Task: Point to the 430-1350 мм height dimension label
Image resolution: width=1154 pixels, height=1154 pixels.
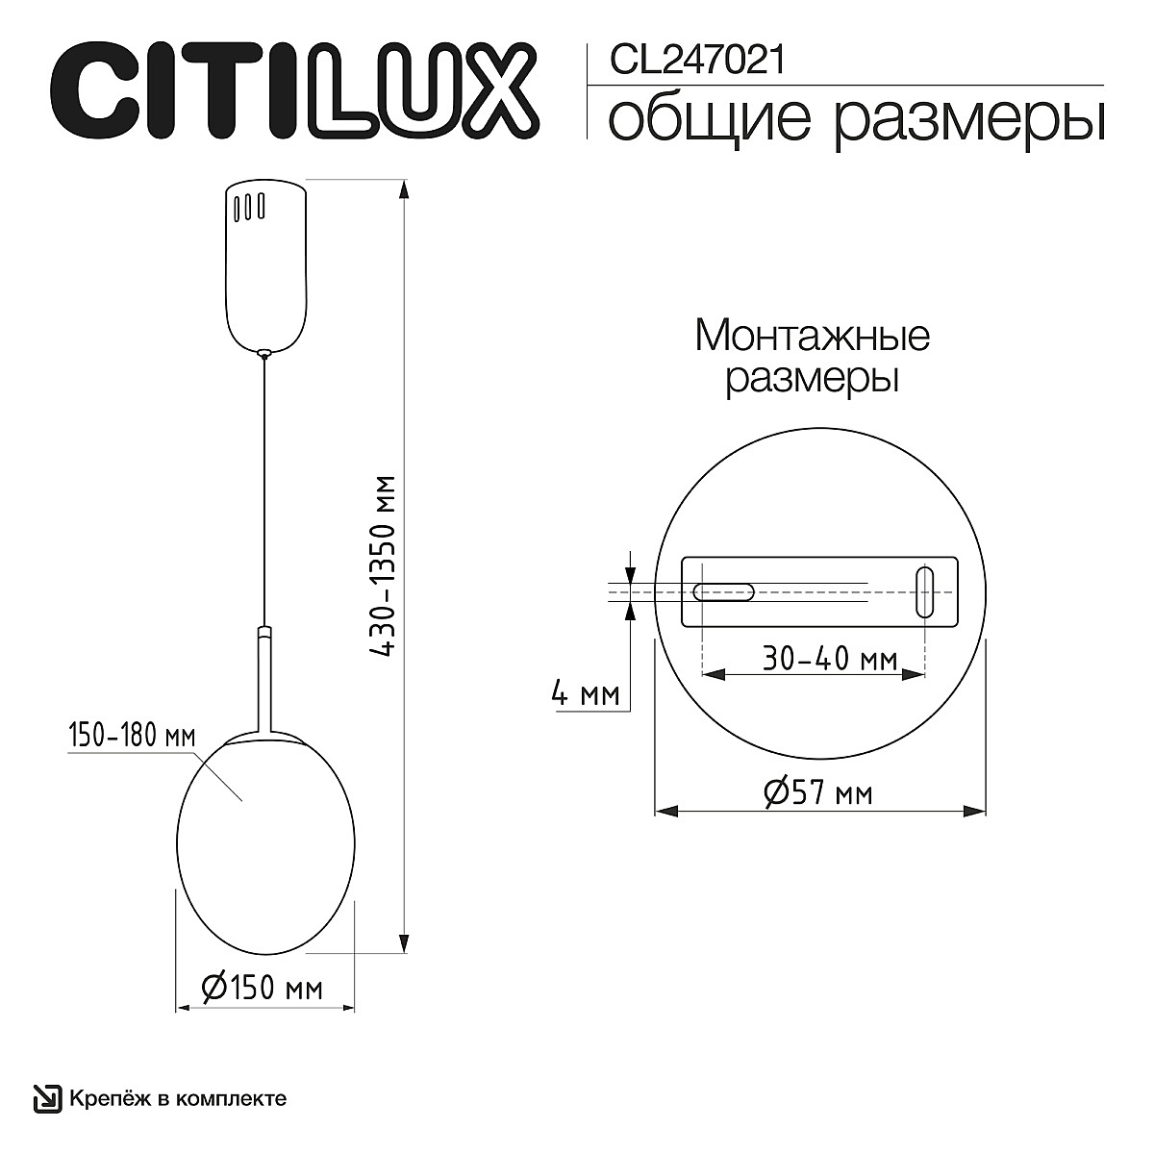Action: (386, 566)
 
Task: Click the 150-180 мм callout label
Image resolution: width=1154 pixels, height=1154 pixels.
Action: (131, 737)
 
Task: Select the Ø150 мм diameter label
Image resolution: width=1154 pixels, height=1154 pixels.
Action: (262, 988)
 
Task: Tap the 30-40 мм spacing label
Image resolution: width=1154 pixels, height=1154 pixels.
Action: (829, 660)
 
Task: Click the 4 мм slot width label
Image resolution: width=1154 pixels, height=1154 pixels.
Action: (585, 693)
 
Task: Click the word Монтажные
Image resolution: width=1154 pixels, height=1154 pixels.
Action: (812, 337)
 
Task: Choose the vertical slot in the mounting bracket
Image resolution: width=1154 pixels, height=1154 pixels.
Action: (924, 591)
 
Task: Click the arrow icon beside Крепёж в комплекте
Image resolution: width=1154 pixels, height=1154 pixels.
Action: (46, 1098)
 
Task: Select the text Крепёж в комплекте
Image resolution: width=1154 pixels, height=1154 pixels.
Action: (177, 1098)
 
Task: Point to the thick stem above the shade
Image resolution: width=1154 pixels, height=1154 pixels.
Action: (264, 678)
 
